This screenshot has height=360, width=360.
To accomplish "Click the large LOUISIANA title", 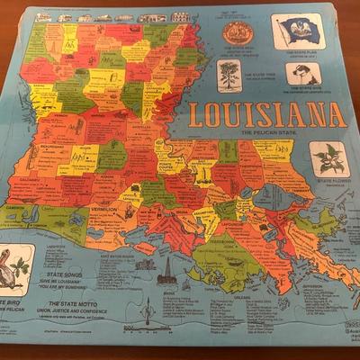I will click(267, 114).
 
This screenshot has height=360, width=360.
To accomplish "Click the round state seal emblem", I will click(238, 34).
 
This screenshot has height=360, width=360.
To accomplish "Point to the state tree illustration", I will click(230, 76).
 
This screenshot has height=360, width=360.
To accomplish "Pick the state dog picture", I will click(301, 74).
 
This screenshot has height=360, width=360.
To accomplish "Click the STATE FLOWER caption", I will click(333, 181).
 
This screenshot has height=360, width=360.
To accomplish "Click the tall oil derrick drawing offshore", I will click(166, 270).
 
